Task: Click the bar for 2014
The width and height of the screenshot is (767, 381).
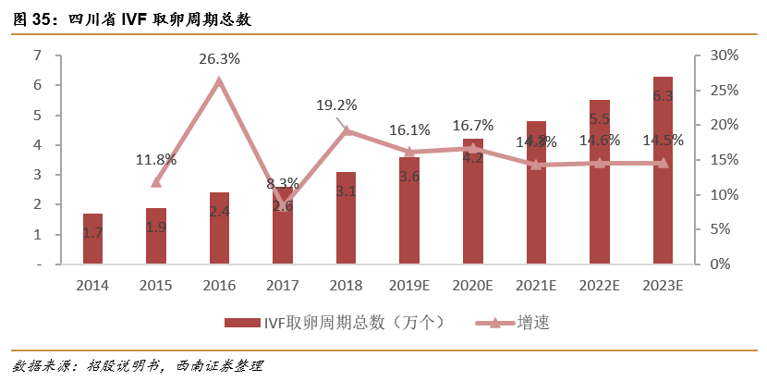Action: [92, 239]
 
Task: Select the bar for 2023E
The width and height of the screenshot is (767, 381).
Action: [663, 170]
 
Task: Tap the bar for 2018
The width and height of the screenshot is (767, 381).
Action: [346, 217]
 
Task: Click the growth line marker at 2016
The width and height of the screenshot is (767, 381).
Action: [219, 81]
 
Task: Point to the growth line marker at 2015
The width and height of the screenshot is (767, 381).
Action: [156, 182]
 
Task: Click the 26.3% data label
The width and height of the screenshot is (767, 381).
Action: [219, 59]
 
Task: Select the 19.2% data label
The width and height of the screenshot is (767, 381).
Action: [336, 105]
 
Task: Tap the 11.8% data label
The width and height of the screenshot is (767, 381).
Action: [155, 159]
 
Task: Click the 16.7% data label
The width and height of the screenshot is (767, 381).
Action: [472, 125]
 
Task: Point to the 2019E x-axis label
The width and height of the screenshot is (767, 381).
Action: [408, 286]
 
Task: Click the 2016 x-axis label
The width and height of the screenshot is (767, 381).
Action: [219, 286]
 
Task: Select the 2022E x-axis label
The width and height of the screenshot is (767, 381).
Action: [599, 286]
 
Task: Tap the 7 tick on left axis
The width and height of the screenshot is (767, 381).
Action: [37, 55]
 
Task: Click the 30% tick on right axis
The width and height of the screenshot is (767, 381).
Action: [724, 55]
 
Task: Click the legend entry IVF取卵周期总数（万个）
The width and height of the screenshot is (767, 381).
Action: [338, 322]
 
